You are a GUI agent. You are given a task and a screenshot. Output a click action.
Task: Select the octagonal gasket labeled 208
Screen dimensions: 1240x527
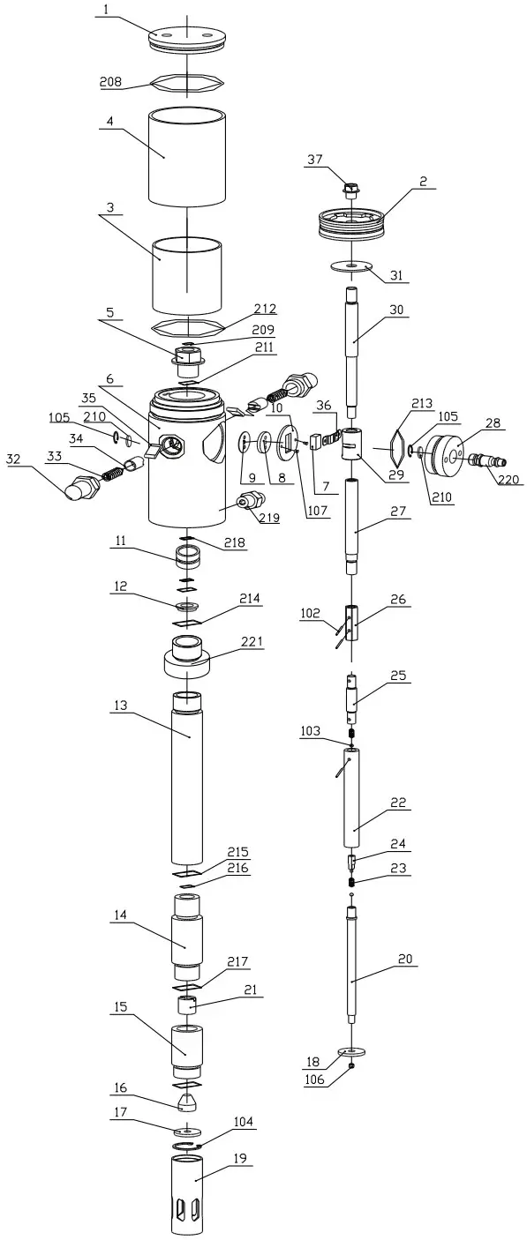(x=187, y=83)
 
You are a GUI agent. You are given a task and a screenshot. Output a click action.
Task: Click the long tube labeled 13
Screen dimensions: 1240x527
(x=188, y=776)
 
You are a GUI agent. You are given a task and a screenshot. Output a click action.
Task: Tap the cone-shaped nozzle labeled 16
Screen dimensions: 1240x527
(x=188, y=1101)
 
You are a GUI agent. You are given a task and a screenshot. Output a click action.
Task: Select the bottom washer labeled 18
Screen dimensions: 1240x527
(x=351, y=1051)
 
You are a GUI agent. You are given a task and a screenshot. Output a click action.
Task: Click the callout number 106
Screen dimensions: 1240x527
(x=313, y=1079)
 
